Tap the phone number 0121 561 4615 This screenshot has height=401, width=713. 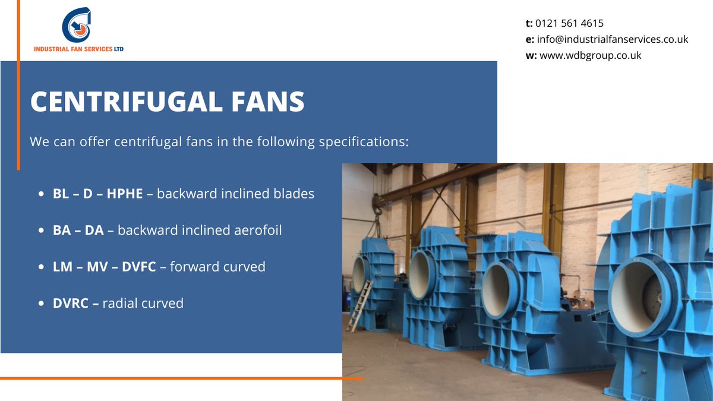click(569, 24)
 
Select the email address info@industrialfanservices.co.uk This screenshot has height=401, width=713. click(612, 40)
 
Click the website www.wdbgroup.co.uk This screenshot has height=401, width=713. click(590, 55)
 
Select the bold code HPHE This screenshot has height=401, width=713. click(125, 194)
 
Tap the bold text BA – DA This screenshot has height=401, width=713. click(78, 230)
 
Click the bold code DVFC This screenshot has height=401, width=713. click(139, 267)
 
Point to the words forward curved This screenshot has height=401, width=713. click(217, 267)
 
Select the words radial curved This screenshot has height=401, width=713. click(143, 304)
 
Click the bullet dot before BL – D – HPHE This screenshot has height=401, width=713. click(41, 194)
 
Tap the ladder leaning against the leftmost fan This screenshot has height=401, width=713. click(360, 305)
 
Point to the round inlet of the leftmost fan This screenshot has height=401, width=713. click(360, 274)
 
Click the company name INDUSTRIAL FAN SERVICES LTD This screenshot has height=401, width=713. click(79, 49)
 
